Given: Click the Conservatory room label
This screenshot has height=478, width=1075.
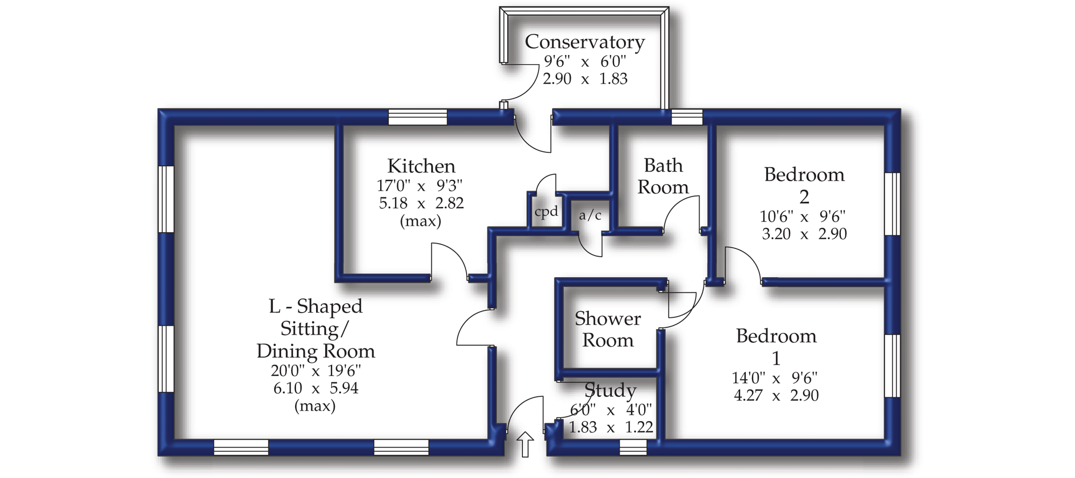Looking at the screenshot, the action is pos(585,42).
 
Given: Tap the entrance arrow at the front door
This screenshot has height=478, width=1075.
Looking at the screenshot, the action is pos(525,444).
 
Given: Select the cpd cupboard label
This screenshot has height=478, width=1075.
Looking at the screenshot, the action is pos(546,211).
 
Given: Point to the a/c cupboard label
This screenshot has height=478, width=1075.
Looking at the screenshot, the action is pos(590,215).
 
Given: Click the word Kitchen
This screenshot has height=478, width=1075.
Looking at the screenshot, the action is pos(421,166).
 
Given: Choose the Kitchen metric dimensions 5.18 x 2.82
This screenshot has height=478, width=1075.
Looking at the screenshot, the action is pos(421,203).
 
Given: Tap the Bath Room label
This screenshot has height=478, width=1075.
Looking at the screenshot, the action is pos(662,176).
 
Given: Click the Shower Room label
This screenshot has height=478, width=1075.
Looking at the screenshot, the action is pos(607,329).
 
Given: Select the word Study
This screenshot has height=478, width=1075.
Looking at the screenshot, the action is pos(610,390).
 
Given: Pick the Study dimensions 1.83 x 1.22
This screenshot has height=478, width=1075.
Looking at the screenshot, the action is pos(610,427).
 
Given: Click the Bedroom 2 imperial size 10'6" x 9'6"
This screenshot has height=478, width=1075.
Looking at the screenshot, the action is pos(803,216).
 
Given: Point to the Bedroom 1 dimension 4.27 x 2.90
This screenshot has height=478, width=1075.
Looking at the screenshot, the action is pos(776,396).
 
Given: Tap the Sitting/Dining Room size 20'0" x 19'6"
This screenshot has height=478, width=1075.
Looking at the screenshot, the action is pos(316,371).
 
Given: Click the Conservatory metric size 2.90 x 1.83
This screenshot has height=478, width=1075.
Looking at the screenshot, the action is pos(585,79).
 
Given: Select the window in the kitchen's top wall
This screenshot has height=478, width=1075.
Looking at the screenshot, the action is pos(418,117).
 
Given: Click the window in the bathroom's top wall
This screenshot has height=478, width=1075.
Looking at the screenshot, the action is pos(687,117).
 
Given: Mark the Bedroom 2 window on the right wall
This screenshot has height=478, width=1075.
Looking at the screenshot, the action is pos(892,204).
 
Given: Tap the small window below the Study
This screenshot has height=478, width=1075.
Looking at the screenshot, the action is pos(633,447).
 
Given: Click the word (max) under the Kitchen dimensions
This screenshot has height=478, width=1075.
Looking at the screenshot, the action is pos(421,221).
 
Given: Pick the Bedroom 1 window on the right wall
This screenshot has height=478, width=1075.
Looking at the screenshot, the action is pos(892,366).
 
